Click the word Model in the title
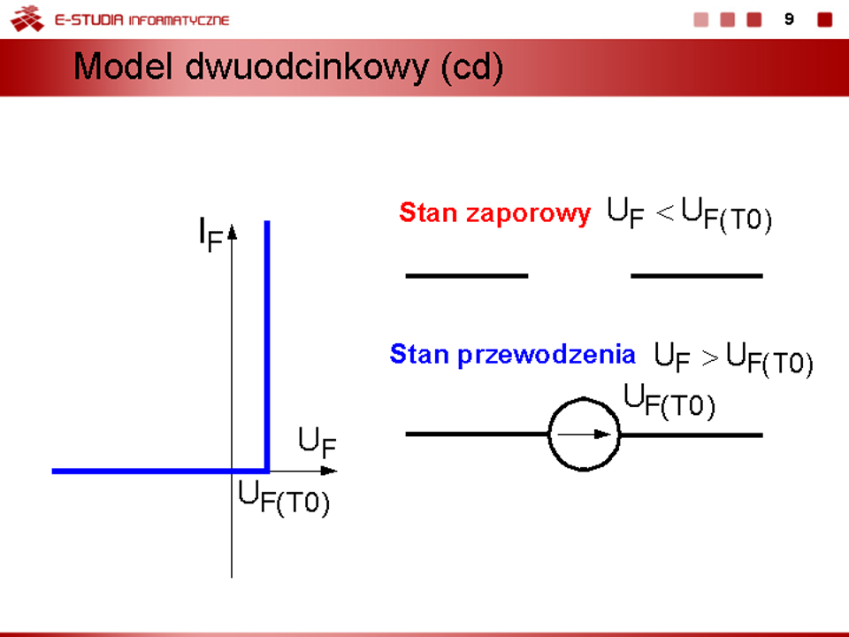pos(123,66)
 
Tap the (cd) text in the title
pos(472,68)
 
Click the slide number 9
pos(790,19)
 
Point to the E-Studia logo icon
pos(27,19)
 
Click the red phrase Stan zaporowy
pos(494,213)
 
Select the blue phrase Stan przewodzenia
pos(512,355)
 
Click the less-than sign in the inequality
pos(664,213)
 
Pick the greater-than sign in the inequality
pos(710,358)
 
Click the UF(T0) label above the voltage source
pos(669,401)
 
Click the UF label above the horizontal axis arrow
pos(317,442)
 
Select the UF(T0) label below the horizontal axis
pos(284,499)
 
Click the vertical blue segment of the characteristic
pos(267,346)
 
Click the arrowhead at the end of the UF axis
pos(329,471)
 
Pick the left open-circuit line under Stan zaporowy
pos(467,276)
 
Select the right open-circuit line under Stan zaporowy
pos(697,276)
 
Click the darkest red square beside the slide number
pos(824,19)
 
